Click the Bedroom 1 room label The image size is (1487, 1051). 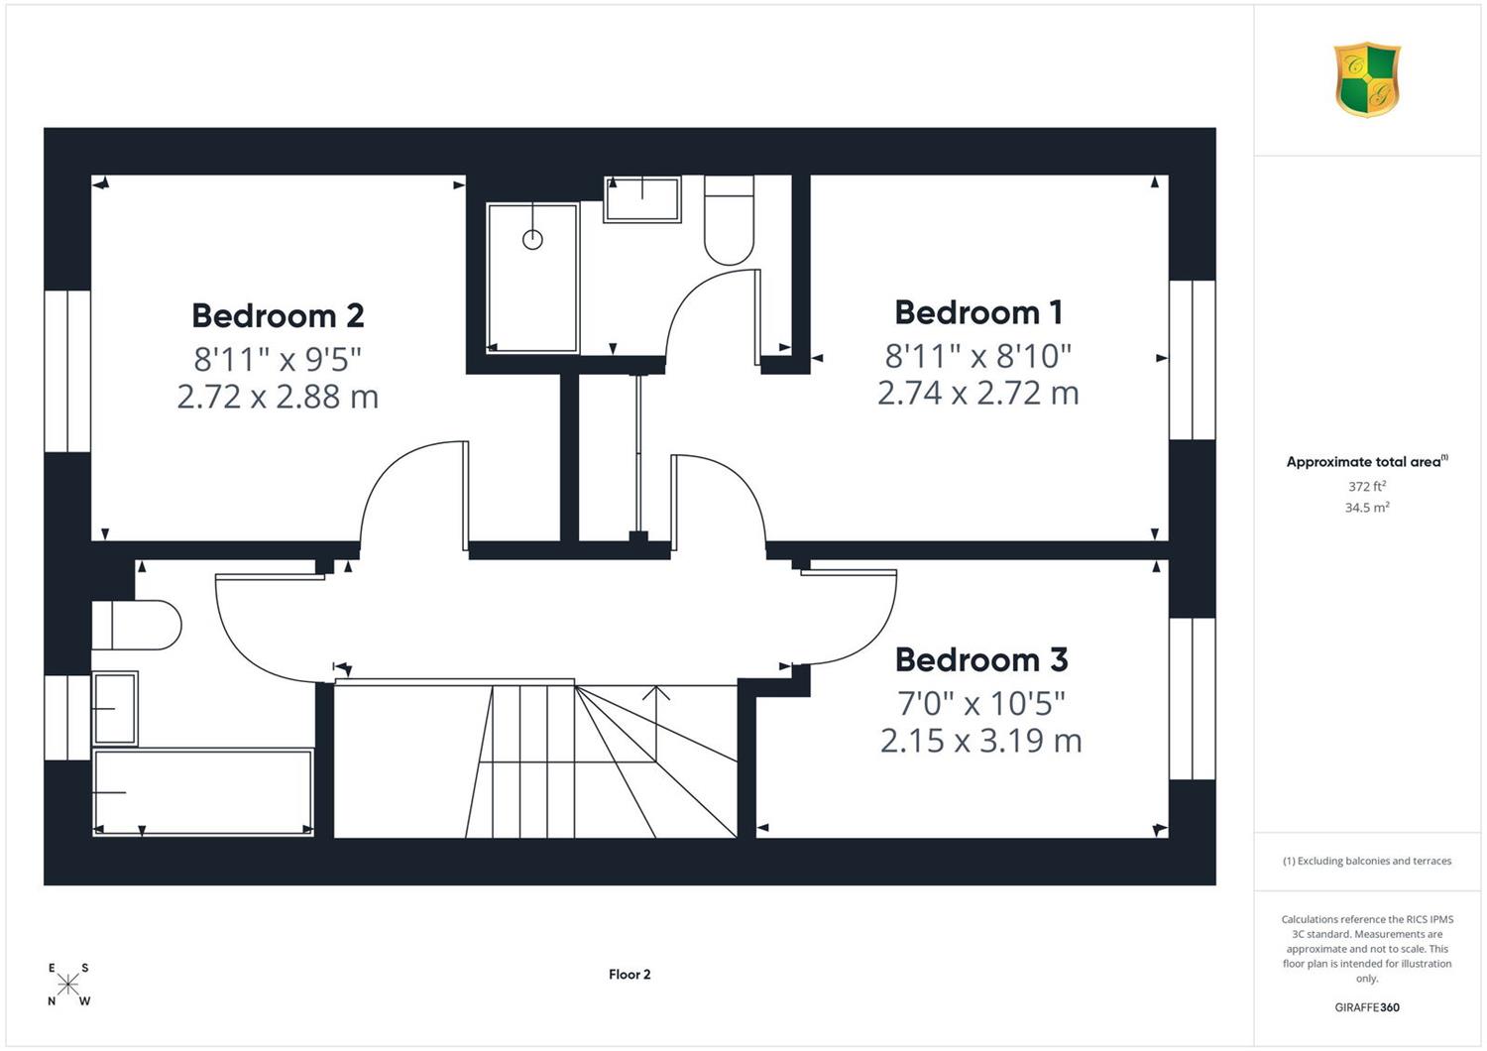click(x=978, y=312)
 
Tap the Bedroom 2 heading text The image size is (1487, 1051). click(x=279, y=315)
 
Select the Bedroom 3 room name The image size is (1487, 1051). click(x=981, y=659)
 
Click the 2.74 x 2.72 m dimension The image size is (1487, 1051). click(x=978, y=393)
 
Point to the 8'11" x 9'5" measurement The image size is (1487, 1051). click(x=278, y=359)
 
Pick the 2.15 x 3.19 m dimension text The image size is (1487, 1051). click(x=981, y=741)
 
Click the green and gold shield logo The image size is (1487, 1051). click(x=1367, y=79)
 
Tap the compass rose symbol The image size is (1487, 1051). click(x=67, y=984)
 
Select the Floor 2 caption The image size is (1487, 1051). click(x=629, y=974)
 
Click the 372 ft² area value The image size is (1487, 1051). click(x=1367, y=486)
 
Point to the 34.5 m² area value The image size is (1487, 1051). click(x=1367, y=508)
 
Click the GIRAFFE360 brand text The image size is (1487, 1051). click(x=1367, y=1007)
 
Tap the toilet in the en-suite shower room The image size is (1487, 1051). click(x=729, y=219)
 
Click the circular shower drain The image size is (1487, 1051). click(x=532, y=239)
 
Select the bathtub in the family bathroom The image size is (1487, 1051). click(x=202, y=791)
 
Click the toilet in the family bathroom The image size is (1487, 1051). click(x=136, y=625)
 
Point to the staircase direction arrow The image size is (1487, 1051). click(x=656, y=724)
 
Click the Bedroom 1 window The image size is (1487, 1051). click(x=1193, y=360)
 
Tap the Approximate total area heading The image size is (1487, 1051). click(x=1367, y=461)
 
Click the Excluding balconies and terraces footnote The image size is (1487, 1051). click(x=1367, y=861)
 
